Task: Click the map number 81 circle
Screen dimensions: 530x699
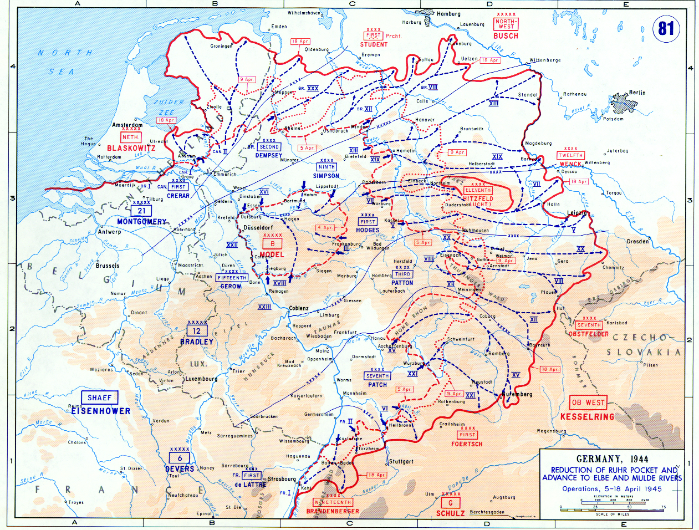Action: coord(666,28)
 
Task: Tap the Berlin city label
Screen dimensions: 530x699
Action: coord(637,93)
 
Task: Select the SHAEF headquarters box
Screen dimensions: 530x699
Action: coord(99,397)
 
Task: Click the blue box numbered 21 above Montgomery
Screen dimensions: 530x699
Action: coord(141,211)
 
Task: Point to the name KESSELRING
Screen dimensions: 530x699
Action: coord(587,416)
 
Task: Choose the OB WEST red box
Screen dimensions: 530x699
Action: coord(587,402)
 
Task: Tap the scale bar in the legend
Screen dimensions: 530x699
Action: coord(612,507)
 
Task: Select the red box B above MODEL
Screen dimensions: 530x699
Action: coord(272,244)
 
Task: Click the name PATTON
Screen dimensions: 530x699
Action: coord(402,283)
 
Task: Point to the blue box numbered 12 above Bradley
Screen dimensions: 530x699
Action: coord(197,331)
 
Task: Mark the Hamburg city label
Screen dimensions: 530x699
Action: coord(448,14)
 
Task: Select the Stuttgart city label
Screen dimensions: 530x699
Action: coord(401,461)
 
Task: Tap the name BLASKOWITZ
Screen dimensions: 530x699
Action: coord(131,148)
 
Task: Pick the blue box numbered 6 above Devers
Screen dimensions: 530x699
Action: coord(180,458)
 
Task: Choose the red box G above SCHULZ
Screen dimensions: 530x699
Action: coord(450,503)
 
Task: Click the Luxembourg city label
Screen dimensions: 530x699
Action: coord(201,379)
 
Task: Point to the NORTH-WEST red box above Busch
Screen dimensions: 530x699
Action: coord(506,24)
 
